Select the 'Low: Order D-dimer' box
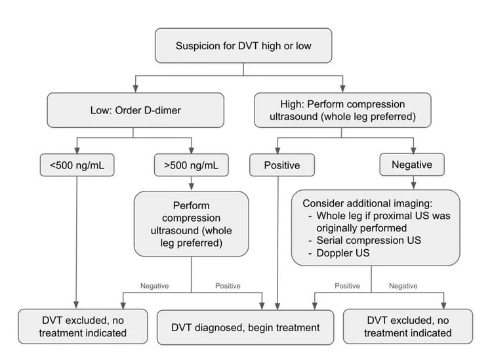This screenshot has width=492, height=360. [134, 110]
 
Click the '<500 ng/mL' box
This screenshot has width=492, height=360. [77, 165]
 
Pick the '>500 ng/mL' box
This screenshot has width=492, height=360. [191, 165]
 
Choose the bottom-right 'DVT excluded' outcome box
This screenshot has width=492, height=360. [407, 326]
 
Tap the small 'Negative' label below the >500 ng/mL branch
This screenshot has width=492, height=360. [155, 285]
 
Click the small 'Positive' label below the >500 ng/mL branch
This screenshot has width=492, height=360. [228, 285]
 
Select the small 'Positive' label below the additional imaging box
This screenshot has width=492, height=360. [347, 285]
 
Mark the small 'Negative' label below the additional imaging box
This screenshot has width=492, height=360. [403, 285]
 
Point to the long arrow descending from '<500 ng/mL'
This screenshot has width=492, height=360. [77, 243]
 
